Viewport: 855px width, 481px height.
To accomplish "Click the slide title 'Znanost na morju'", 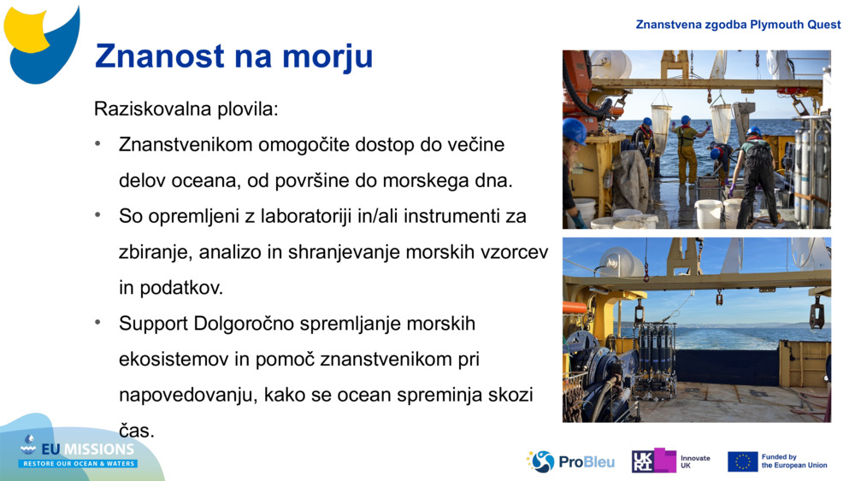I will click(x=233, y=56).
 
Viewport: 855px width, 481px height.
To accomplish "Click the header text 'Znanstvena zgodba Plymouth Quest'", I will click(x=738, y=24).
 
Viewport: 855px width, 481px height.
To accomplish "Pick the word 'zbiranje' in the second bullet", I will click(x=152, y=252).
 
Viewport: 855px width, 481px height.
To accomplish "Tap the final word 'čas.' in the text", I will click(x=136, y=431).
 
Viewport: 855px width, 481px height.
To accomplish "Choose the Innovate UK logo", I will click(x=671, y=461).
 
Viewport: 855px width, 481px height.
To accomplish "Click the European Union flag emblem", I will click(x=742, y=461).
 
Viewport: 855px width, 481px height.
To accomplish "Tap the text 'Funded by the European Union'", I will click(x=793, y=461).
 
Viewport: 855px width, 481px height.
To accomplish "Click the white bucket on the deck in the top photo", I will click(x=708, y=212).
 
